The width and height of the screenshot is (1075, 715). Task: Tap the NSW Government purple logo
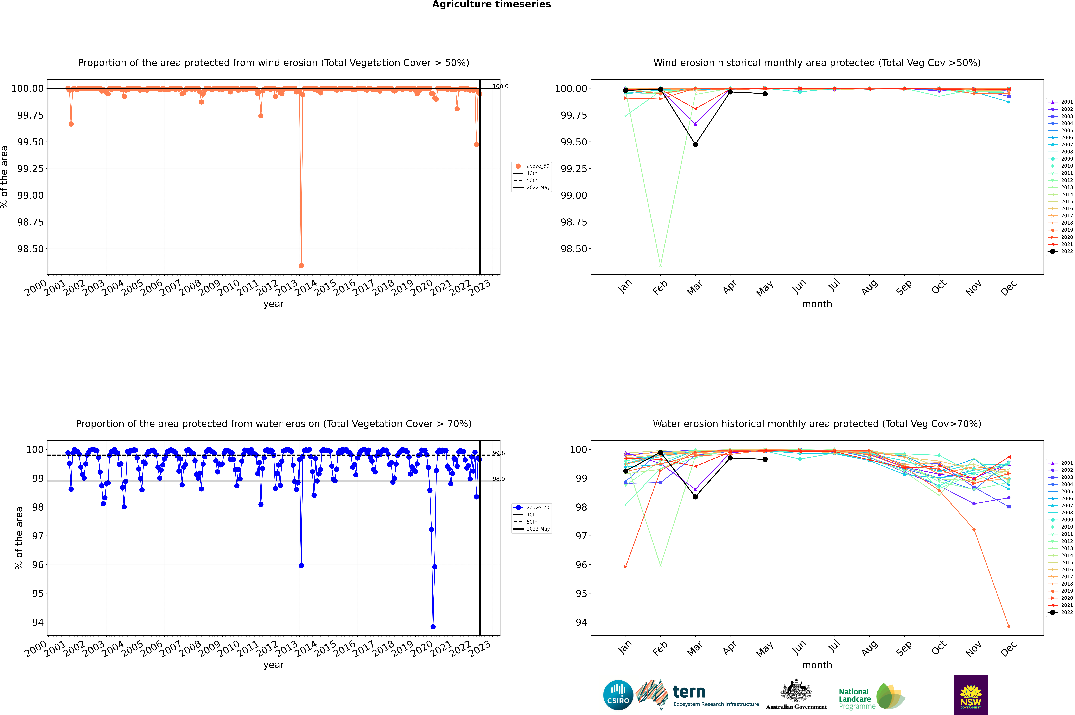tap(971, 695)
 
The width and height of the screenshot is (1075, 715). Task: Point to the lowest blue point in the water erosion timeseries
tap(433, 627)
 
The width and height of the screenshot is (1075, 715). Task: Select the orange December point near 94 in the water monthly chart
tap(1009, 627)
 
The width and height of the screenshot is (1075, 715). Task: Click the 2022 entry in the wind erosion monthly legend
tap(1060, 251)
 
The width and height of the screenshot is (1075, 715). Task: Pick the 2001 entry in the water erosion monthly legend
tap(1060, 463)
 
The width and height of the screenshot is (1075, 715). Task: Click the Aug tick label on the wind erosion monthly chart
tap(869, 288)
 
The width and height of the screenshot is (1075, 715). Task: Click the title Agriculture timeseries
tap(491, 5)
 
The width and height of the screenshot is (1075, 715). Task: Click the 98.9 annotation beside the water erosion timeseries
tap(498, 479)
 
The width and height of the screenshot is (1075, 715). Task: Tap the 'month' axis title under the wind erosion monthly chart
tap(817, 304)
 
